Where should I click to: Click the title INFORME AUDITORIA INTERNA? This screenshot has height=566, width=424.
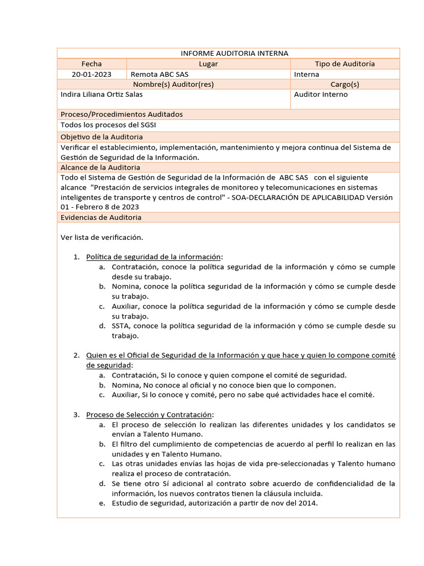point(235,53)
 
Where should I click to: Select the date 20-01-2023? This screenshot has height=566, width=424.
point(91,74)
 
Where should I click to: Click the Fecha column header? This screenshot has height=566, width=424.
point(91,64)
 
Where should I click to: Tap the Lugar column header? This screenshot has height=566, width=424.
point(208,64)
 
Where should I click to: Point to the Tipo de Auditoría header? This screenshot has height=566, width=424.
point(344,64)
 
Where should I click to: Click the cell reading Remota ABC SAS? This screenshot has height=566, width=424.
point(155,74)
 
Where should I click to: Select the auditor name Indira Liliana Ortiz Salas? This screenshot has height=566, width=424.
point(102,94)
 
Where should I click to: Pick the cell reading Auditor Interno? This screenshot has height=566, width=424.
point(321,94)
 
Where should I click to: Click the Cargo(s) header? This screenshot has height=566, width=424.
point(344,84)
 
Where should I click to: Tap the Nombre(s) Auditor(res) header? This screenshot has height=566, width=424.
point(173,84)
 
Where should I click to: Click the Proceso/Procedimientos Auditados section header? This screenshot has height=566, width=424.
point(121,114)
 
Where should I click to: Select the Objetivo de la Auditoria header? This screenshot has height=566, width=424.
point(102,137)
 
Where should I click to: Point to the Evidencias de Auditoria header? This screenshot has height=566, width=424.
point(101,217)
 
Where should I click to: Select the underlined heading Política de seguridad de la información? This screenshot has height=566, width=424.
point(153,256)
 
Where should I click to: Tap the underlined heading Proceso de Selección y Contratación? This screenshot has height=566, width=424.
point(149,415)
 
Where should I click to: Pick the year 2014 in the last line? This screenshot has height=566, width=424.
point(308,504)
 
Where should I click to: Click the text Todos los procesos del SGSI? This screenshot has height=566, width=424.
point(108,125)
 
